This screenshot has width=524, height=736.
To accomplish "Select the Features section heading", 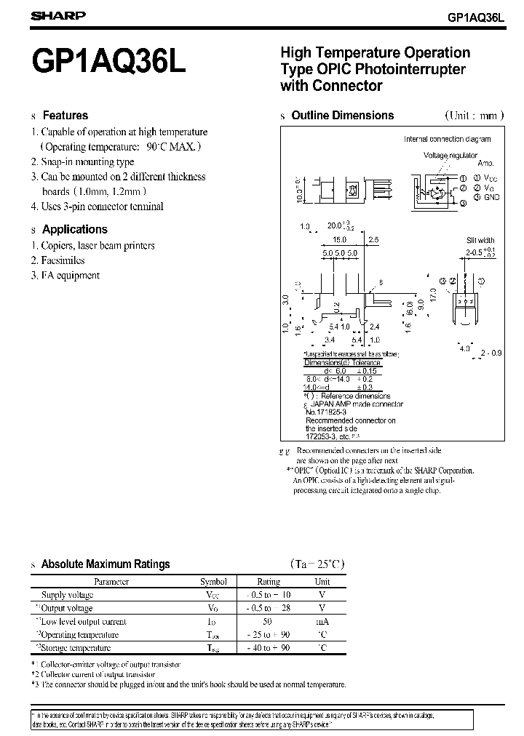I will (65, 115).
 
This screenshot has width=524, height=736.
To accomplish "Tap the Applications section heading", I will (75, 229).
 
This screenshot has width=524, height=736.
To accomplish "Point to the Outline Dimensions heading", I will (342, 115).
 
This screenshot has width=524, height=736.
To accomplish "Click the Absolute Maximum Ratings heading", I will (106, 564).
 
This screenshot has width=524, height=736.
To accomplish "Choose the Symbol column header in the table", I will (213, 582).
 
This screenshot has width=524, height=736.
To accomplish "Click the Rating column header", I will (269, 582).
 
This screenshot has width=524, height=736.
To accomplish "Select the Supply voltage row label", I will (68, 595).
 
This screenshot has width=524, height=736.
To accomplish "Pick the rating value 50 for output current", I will (268, 621).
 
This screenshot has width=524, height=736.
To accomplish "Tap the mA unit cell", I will (322, 621).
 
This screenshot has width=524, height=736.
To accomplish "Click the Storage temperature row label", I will (76, 647).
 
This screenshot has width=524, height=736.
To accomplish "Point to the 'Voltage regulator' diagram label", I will (450, 155).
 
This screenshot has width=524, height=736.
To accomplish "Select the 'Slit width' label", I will (480, 240).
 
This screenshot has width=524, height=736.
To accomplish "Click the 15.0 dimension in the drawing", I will (338, 239).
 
